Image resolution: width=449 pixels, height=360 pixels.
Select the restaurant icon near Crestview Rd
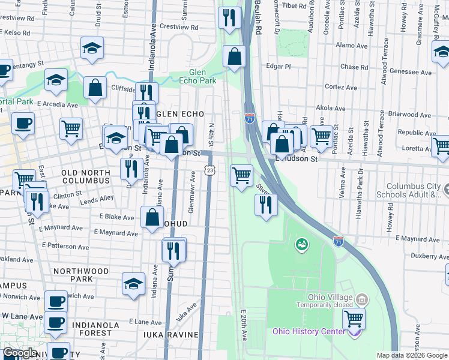(229, 18)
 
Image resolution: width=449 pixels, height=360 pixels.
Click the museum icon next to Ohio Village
(361, 299)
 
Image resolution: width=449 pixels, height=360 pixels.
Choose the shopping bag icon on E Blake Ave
(152, 217)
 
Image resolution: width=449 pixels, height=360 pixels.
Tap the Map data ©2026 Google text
(412, 355)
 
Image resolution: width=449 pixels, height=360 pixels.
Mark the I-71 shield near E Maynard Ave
(339, 241)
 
